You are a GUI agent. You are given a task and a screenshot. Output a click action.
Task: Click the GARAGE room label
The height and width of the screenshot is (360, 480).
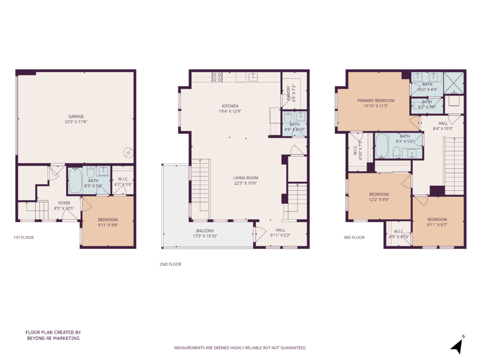click(x=76, y=116)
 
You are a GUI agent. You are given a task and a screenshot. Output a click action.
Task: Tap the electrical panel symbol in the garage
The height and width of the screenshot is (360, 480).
click(x=128, y=152)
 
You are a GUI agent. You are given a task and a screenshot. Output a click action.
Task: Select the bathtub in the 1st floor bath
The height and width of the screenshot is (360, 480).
click(x=75, y=180)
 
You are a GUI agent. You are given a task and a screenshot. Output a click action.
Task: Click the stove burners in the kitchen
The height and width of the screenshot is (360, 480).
click(x=217, y=77)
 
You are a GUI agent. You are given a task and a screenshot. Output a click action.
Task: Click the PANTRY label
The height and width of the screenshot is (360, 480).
click(x=289, y=93)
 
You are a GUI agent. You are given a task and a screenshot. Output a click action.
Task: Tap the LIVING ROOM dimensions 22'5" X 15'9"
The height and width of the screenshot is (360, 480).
click(x=246, y=183)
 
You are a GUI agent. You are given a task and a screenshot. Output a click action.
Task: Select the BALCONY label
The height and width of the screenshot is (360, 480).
click(x=205, y=231)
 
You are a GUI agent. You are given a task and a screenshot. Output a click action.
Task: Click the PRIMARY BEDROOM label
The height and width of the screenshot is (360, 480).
click(x=375, y=100)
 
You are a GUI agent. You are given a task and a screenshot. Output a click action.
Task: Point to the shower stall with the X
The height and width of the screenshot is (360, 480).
click(x=454, y=82)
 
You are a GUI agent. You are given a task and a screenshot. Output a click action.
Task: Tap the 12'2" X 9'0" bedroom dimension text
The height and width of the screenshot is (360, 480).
click(x=379, y=200)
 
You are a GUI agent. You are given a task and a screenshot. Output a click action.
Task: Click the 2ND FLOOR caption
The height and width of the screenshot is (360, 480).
click(x=170, y=264)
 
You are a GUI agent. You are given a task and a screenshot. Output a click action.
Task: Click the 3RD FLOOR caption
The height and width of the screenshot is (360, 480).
click(x=354, y=237)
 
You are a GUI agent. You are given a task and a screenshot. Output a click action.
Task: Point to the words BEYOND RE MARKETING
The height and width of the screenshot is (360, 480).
click(x=53, y=338)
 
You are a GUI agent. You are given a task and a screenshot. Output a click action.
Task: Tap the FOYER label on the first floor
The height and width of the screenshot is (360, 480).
click(x=64, y=203)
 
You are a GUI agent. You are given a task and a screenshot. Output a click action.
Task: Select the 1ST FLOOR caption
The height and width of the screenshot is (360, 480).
click(x=23, y=237)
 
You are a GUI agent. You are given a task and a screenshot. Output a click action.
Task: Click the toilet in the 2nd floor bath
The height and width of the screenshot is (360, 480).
click(x=288, y=118)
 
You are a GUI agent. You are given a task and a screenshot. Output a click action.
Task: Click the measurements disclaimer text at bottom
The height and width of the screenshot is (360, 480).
click(x=240, y=348)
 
